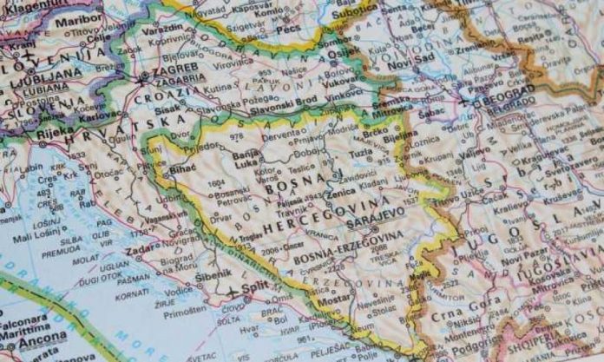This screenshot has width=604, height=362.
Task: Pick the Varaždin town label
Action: click(162, 27)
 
